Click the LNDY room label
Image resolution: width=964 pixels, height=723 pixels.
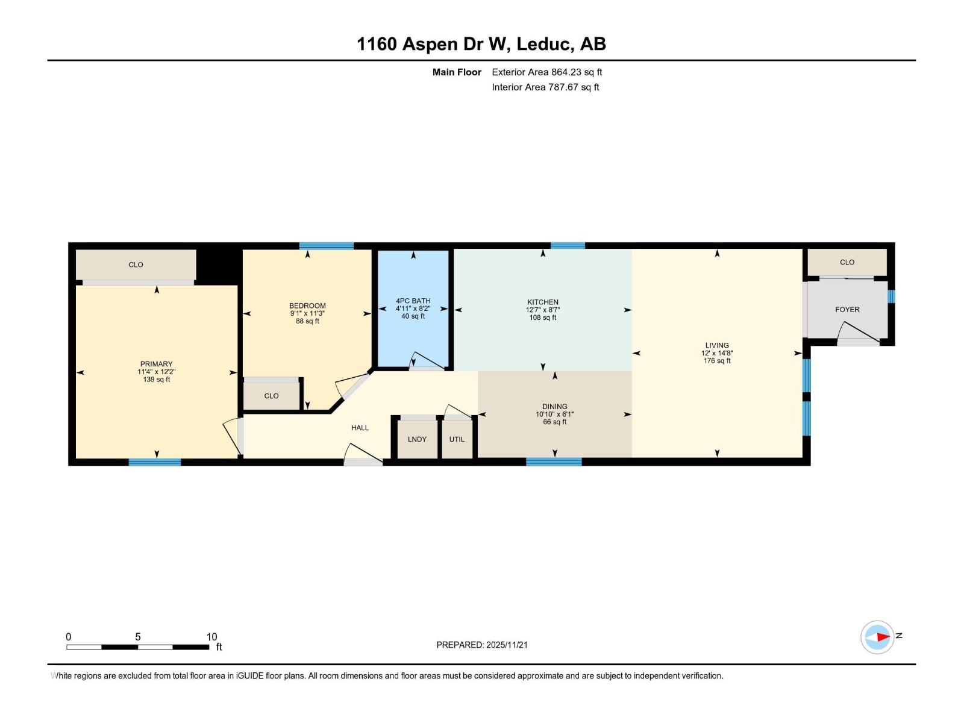[x=417, y=439]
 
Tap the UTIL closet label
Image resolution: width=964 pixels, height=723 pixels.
[x=457, y=439]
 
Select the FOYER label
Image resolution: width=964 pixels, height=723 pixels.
[x=847, y=309]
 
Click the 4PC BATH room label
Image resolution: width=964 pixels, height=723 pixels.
[x=413, y=301]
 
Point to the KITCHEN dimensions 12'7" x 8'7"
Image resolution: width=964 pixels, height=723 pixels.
[x=543, y=310]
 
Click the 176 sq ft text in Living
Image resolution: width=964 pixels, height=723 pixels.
[x=717, y=361]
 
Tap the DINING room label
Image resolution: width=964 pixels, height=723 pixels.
[x=554, y=407]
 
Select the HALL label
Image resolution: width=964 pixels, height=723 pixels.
[x=360, y=428]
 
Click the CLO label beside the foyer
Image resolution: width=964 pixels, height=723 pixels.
[x=847, y=262]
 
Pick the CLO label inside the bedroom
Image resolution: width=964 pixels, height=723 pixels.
[x=271, y=396]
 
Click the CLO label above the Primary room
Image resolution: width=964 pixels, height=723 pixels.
[x=136, y=264]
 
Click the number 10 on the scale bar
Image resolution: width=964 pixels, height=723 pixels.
[x=211, y=637]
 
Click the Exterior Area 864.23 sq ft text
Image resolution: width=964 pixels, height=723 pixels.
[x=546, y=72]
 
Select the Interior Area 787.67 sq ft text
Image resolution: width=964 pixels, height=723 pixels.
[x=545, y=87]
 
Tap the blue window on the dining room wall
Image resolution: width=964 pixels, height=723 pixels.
[x=554, y=462]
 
